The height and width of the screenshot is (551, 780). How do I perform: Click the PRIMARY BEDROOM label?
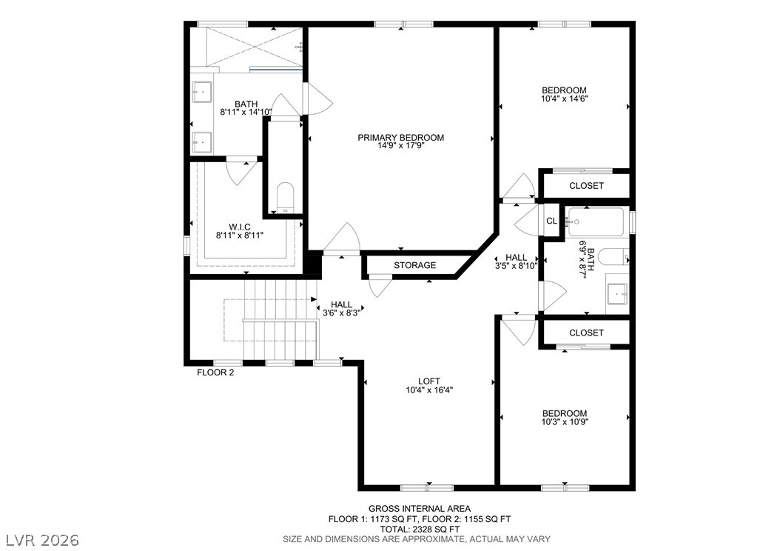coord(400,137)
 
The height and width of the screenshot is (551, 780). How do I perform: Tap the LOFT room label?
coord(428,381)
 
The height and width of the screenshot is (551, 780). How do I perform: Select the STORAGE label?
coord(415,265)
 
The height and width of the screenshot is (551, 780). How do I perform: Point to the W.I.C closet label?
coord(240,227)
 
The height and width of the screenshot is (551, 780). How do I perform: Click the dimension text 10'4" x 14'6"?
coord(564,98)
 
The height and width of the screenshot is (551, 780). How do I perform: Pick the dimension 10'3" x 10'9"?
coord(565,421)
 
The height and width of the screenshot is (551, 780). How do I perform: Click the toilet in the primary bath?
coord(286,197)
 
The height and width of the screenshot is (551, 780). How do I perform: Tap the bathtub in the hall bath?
coord(596,221)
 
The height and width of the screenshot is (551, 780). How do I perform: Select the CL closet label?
coord(551,221)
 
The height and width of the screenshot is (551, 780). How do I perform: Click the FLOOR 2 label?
coord(215,373)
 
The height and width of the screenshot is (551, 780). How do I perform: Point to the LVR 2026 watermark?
coord(43,540)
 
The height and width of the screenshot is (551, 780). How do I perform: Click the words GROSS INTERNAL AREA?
coord(420,509)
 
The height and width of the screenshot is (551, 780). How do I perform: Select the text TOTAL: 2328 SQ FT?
coord(420,529)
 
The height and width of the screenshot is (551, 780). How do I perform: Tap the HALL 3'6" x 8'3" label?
coord(341,309)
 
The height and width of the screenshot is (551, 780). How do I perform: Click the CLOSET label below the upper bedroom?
coord(587,186)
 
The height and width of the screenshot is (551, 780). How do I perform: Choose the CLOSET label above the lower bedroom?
coord(587,333)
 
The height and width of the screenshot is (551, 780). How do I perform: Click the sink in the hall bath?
coord(617,294)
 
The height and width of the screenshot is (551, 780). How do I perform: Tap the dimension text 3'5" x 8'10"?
coord(517,266)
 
